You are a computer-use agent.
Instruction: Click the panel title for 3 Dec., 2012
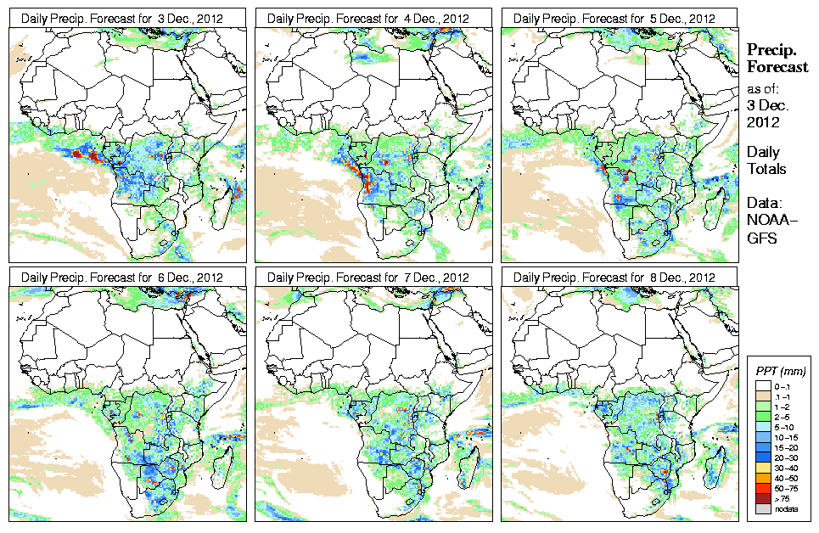pyautogui.click(x=127, y=18)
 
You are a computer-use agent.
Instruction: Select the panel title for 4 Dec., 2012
pyautogui.click(x=373, y=18)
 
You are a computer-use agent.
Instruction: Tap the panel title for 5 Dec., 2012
pyautogui.click(x=620, y=18)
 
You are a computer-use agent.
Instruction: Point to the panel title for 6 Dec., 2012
pyautogui.click(x=127, y=278)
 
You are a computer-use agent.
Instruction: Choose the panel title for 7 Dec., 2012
pyautogui.click(x=373, y=278)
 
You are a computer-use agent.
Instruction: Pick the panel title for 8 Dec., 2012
pyautogui.click(x=620, y=278)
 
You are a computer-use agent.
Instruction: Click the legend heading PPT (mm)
pyautogui.click(x=781, y=371)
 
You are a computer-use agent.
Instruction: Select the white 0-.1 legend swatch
pyautogui.click(x=760, y=386)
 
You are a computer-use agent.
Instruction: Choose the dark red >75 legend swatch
pyautogui.click(x=760, y=498)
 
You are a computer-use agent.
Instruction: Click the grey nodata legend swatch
pyautogui.click(x=760, y=508)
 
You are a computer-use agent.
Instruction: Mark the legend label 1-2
pyautogui.click(x=786, y=407)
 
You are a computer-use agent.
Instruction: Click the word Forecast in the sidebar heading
pyautogui.click(x=777, y=67)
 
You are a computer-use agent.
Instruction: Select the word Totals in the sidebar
pyautogui.click(x=766, y=169)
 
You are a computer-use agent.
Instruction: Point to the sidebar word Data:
pyautogui.click(x=763, y=203)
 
